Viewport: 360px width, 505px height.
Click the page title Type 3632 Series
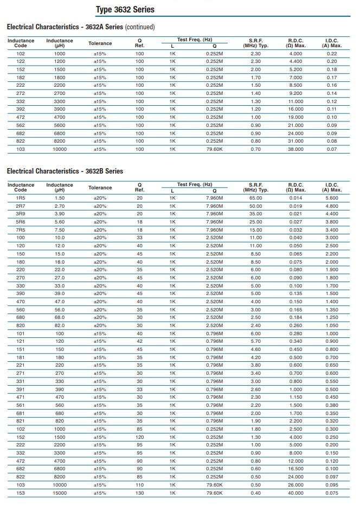(125, 10)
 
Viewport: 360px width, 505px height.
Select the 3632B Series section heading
(65, 171)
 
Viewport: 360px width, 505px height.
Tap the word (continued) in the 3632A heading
(140, 27)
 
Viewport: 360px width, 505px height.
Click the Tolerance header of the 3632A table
(100, 43)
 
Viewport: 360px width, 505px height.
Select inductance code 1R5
(21, 198)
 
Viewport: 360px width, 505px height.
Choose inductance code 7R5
(21, 230)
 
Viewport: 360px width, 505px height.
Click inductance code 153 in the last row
(21, 493)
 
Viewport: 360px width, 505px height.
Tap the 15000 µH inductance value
(60, 493)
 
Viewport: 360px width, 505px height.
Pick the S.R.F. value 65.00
(255, 198)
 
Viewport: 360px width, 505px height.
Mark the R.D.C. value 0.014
(296, 198)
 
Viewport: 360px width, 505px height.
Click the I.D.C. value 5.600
(332, 198)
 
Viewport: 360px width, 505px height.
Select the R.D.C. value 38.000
(296, 149)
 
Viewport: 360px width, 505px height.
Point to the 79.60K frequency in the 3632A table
(215, 149)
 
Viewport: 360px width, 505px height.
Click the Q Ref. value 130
(139, 493)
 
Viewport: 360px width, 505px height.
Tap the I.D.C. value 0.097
(332, 477)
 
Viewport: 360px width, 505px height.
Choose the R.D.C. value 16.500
(296, 469)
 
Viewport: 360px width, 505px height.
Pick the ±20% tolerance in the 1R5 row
(100, 198)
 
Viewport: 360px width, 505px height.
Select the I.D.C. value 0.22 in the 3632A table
(332, 54)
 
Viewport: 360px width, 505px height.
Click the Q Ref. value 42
(139, 342)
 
